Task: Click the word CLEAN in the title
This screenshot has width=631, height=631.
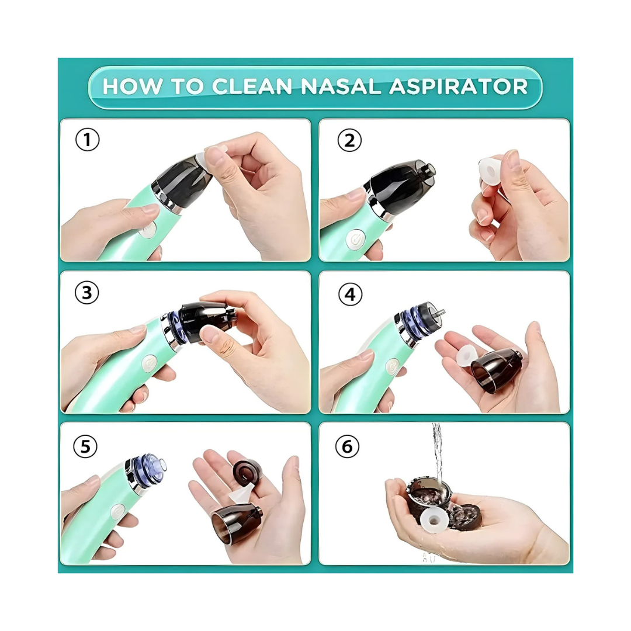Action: tap(252, 86)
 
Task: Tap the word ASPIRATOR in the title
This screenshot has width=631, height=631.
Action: tap(459, 86)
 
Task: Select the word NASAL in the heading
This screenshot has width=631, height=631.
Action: tap(341, 86)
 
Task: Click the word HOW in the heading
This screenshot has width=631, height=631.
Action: tap(133, 86)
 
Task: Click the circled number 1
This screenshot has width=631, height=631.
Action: tap(87, 140)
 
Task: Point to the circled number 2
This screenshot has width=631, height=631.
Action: tap(349, 140)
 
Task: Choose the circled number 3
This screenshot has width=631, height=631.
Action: tap(87, 293)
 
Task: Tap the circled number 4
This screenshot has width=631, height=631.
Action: tap(350, 294)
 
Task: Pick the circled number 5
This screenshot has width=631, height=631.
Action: tap(85, 446)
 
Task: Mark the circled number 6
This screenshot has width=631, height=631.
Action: tap(347, 446)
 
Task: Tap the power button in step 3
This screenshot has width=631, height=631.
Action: tap(150, 363)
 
